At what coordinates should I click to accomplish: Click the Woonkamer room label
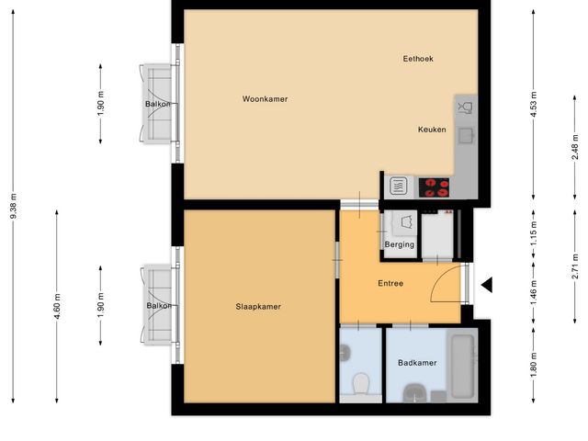[x=266, y=98]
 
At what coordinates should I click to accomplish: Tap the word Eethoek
[x=418, y=59]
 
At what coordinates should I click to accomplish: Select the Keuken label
[x=432, y=130]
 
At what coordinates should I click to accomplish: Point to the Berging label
[x=400, y=245]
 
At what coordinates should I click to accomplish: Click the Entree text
[x=390, y=283]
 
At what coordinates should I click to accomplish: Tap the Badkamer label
[x=417, y=363]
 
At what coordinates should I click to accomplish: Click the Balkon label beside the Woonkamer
[x=156, y=105]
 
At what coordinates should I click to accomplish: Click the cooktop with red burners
[x=435, y=187]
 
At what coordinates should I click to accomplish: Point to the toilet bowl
[x=360, y=382]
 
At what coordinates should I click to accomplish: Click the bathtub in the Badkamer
[x=462, y=366]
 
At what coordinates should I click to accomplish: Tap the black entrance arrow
[x=487, y=286]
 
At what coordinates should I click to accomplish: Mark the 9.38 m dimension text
[x=14, y=213]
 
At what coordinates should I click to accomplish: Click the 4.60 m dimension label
[x=57, y=305]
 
